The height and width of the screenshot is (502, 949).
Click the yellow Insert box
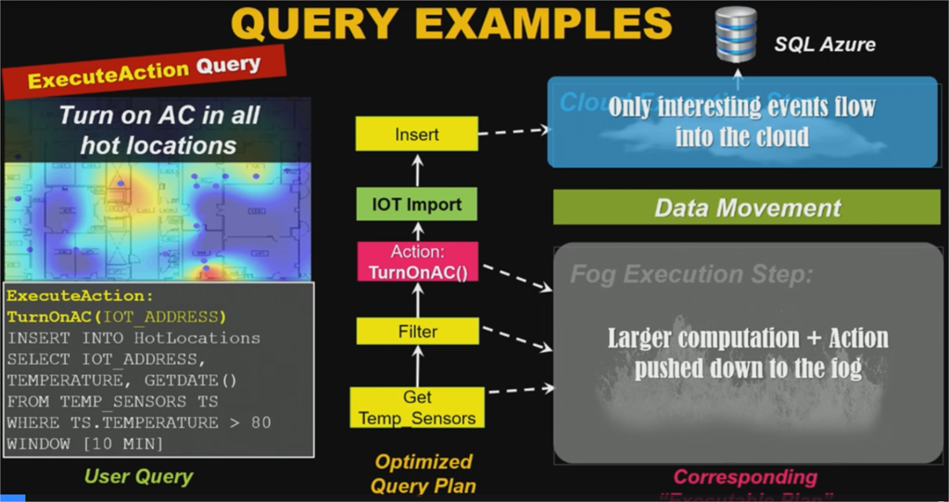coord(416,134)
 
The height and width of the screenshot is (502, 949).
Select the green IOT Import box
coord(416,203)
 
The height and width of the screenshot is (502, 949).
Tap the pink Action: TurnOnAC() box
coord(416,262)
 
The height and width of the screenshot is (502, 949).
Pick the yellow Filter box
coord(416,331)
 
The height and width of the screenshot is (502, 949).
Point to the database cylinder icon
coord(736,34)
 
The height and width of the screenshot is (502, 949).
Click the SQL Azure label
coord(825,44)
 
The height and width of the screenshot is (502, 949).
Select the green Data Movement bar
coord(747,207)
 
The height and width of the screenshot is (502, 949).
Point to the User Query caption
coord(139,477)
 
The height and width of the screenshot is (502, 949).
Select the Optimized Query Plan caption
coord(423,472)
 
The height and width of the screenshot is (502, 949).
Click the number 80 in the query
coord(261,422)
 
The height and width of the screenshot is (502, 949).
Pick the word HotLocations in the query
coord(196,338)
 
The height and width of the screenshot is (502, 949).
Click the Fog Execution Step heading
coord(690,274)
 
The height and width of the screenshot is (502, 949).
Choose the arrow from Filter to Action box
coord(416,301)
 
